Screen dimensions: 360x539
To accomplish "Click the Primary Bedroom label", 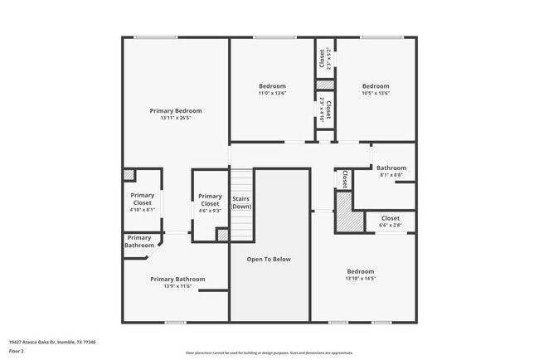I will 176,110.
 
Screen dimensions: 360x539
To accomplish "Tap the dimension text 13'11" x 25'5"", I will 176,118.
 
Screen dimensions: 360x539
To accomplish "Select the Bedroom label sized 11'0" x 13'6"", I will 272,86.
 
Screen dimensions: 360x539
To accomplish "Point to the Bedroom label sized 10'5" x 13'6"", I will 375,86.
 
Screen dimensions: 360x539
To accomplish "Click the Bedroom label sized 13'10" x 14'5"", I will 361,271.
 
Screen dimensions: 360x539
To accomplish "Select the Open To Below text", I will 269,259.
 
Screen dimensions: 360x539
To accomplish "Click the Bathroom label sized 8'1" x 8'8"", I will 391,168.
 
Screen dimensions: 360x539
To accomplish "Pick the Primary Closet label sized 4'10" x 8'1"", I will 143,199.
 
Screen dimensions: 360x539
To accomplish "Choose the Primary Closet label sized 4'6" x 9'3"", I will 210,200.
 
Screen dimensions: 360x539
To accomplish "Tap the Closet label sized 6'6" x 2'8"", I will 390,218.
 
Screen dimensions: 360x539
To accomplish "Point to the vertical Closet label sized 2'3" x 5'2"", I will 323,59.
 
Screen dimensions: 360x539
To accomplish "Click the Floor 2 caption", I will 17,351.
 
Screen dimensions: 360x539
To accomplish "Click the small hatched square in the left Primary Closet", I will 129,175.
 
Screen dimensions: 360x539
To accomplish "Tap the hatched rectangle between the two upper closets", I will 325,85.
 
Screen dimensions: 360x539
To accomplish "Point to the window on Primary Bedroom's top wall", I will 156,37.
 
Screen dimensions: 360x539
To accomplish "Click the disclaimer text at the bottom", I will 269,352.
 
